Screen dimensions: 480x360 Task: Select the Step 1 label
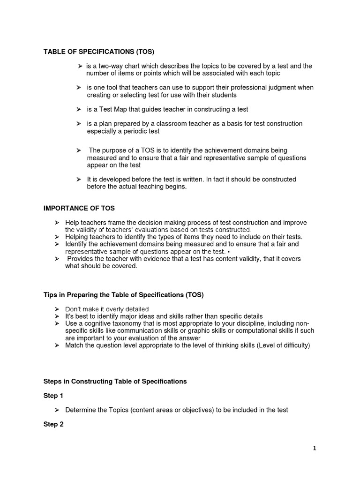click(x=53, y=396)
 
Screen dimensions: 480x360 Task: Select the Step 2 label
click(x=53, y=424)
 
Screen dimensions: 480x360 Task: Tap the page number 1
click(x=315, y=448)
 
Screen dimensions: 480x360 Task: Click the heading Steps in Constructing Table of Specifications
click(x=115, y=382)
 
